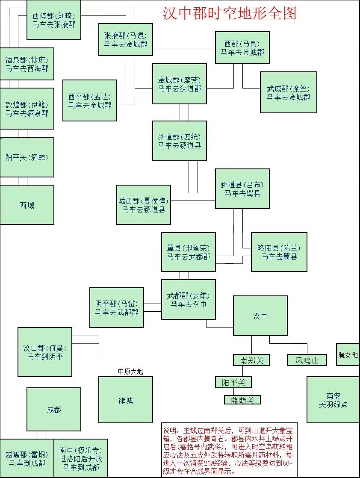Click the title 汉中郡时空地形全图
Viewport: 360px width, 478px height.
[x=230, y=13]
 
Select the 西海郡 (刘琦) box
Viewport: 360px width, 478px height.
[x=54, y=20]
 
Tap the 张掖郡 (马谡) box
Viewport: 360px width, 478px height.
[x=126, y=39]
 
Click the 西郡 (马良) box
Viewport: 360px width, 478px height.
[x=242, y=48]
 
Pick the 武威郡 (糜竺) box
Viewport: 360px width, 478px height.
[x=288, y=92]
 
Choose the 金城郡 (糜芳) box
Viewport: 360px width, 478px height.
[x=180, y=84]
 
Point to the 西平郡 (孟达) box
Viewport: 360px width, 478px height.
[x=90, y=100]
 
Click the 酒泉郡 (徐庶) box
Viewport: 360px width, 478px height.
[x=27, y=64]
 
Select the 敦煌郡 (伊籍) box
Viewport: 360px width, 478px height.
[x=27, y=109]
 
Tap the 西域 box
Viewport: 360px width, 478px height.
[x=27, y=205]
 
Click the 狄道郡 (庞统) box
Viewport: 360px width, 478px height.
[x=180, y=141]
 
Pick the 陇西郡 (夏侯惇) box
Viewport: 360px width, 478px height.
[x=144, y=205]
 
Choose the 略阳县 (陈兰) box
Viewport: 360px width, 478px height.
[x=279, y=252]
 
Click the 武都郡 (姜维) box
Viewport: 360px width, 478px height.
[x=188, y=299]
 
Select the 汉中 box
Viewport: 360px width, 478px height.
[x=260, y=316]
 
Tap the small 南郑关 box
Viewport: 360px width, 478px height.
[x=251, y=360]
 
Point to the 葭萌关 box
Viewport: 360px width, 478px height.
[x=242, y=400]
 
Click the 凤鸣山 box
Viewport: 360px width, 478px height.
[x=307, y=360]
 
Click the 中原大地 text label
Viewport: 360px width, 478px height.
[x=130, y=372]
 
